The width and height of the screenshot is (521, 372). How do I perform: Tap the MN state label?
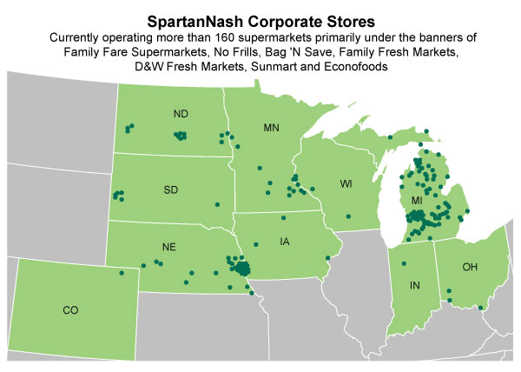pyautogui.click(x=271, y=129)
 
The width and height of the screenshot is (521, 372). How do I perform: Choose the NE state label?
pyautogui.click(x=169, y=247)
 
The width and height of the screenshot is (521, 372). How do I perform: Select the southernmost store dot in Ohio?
pyautogui.click(x=481, y=308)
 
